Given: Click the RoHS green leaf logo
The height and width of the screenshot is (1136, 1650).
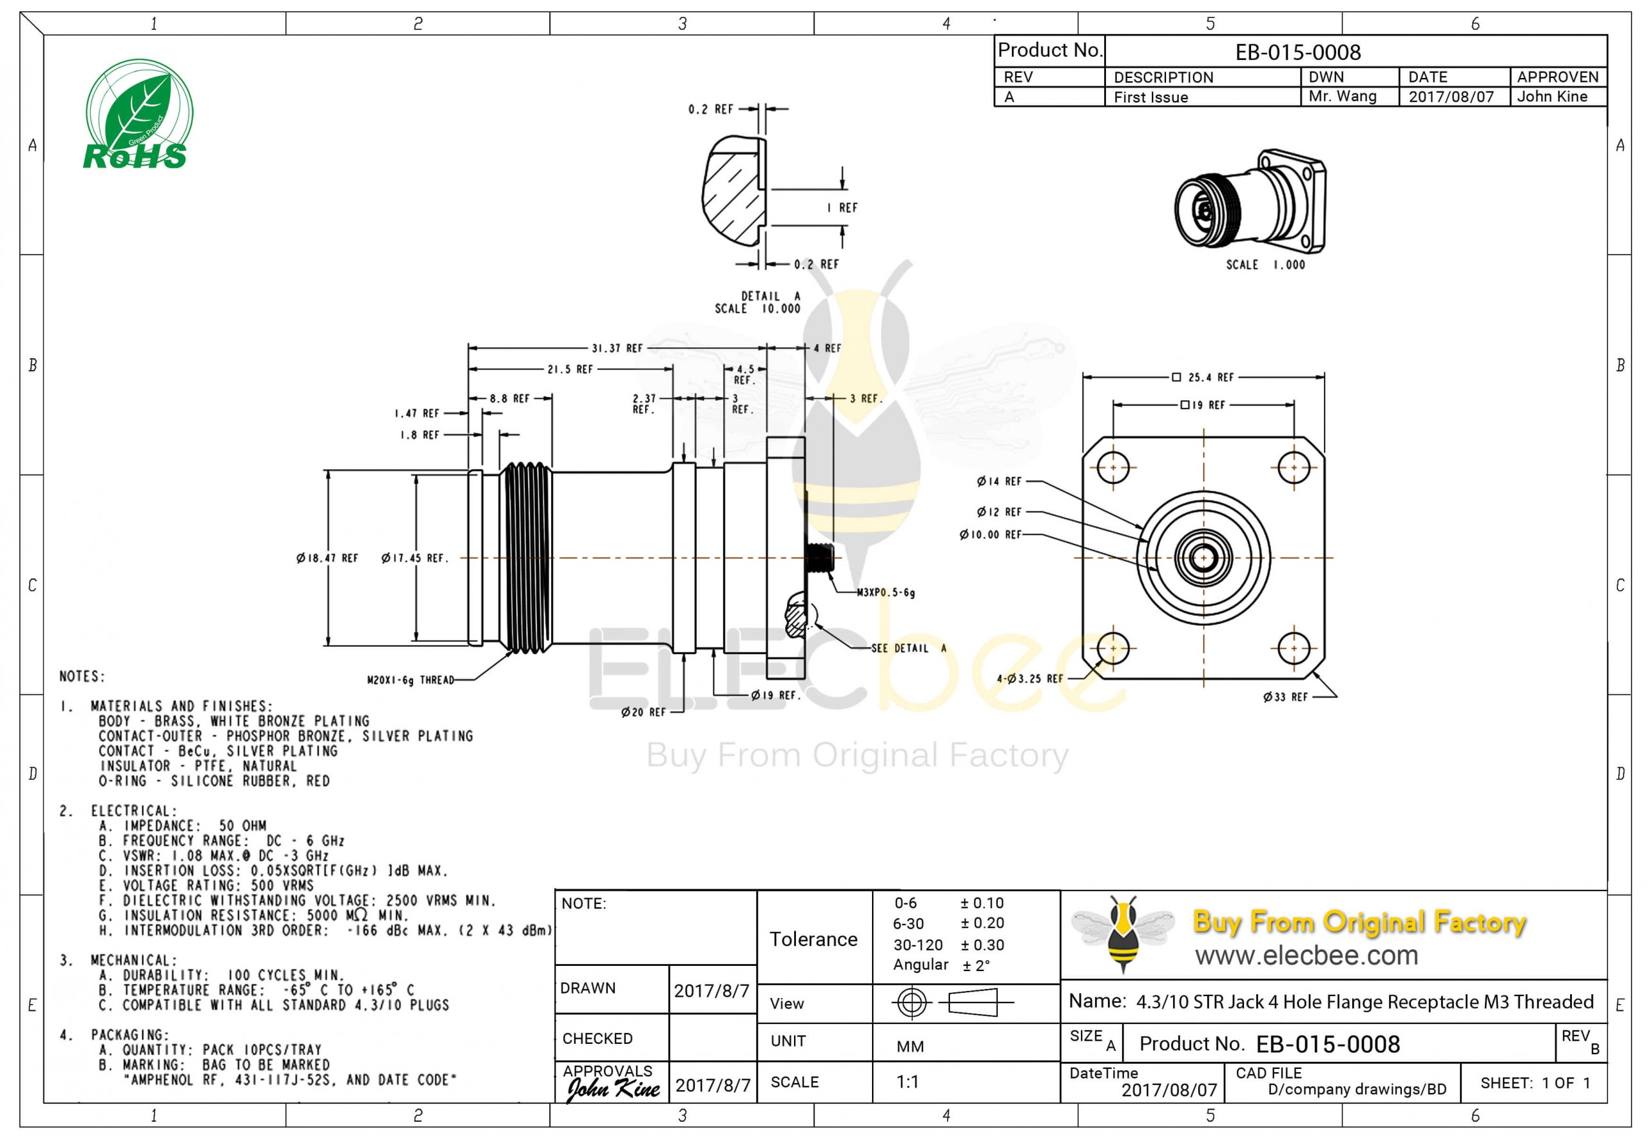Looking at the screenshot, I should (x=138, y=115).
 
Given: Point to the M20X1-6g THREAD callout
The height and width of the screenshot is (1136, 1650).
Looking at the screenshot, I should (x=410, y=680).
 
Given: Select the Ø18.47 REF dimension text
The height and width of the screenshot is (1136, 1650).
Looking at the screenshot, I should (x=327, y=558).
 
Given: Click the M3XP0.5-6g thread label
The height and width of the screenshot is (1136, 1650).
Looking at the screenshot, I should (x=886, y=592).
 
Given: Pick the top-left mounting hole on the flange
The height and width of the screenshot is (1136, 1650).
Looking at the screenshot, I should (x=1112, y=468).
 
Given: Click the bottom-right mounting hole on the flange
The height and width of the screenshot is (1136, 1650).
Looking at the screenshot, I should (x=1294, y=648).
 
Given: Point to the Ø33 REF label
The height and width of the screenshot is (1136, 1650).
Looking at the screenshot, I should (x=1285, y=697).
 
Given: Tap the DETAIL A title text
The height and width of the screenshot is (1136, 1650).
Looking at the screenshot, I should (x=770, y=296).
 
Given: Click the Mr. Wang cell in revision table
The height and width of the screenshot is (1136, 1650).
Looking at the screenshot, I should (x=1342, y=96).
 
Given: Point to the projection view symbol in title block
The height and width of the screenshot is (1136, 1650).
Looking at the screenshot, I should (x=952, y=1003).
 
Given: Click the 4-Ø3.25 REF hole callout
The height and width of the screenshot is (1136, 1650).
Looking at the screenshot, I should (x=1029, y=679).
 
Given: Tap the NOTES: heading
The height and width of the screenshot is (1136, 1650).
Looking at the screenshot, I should (x=82, y=676).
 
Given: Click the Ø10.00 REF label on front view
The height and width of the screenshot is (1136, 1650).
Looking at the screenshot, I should (x=989, y=535).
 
